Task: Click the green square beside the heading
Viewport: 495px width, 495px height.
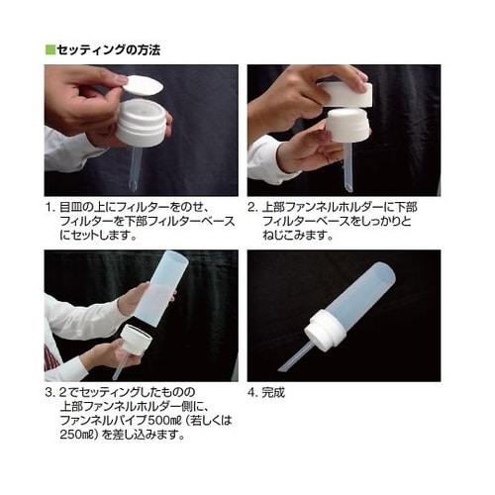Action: [50, 50]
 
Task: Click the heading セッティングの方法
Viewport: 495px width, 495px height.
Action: [109, 50]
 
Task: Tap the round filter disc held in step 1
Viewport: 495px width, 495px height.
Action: [144, 86]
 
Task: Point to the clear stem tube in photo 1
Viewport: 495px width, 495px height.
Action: [136, 168]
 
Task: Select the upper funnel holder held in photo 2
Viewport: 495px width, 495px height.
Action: [346, 94]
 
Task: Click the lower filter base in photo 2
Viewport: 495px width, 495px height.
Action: [347, 126]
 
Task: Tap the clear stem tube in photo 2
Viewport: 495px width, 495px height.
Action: [348, 167]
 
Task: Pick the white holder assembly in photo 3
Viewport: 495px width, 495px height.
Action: [136, 340]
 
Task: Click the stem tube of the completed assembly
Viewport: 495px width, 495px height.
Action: [295, 356]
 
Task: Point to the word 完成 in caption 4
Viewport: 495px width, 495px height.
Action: [273, 393]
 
